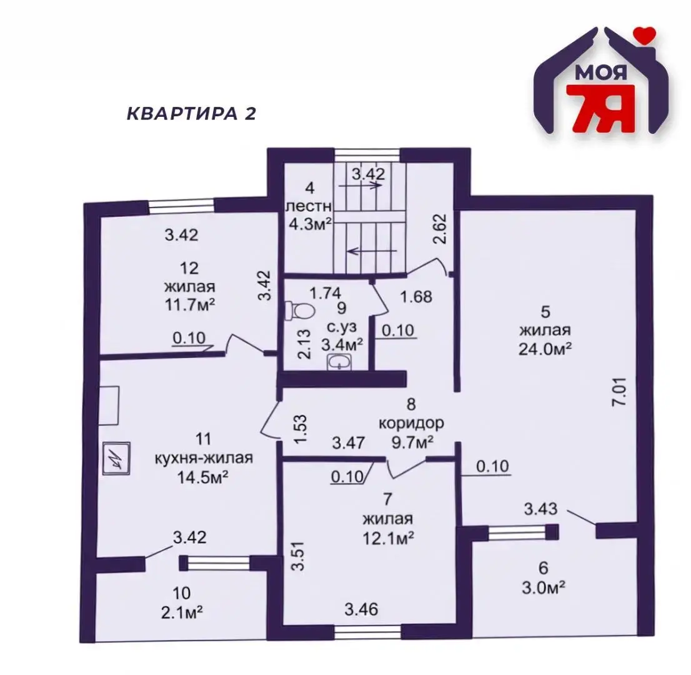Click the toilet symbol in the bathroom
[294, 309]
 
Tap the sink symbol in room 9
[340, 361]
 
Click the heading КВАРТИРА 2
[191, 114]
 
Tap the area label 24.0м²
[545, 348]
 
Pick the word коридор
[412, 423]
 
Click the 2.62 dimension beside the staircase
[442, 229]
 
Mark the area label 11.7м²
[190, 306]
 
